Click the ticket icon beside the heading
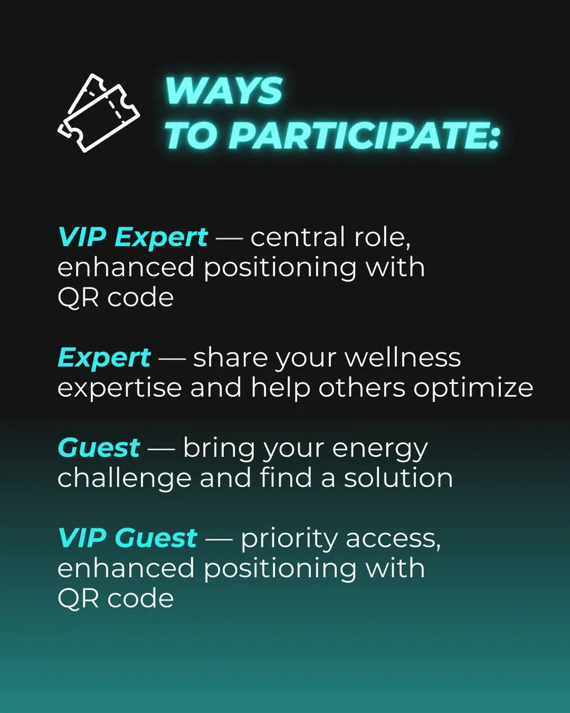(x=99, y=113)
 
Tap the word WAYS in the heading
(x=224, y=91)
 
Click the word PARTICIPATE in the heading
(x=363, y=135)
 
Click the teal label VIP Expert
(x=133, y=237)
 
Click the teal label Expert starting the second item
(x=104, y=358)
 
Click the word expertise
(x=120, y=388)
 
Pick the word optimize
(x=473, y=388)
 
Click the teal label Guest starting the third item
(x=99, y=448)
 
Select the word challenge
(x=125, y=478)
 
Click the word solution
(x=398, y=477)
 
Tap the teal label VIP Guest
(x=127, y=538)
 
